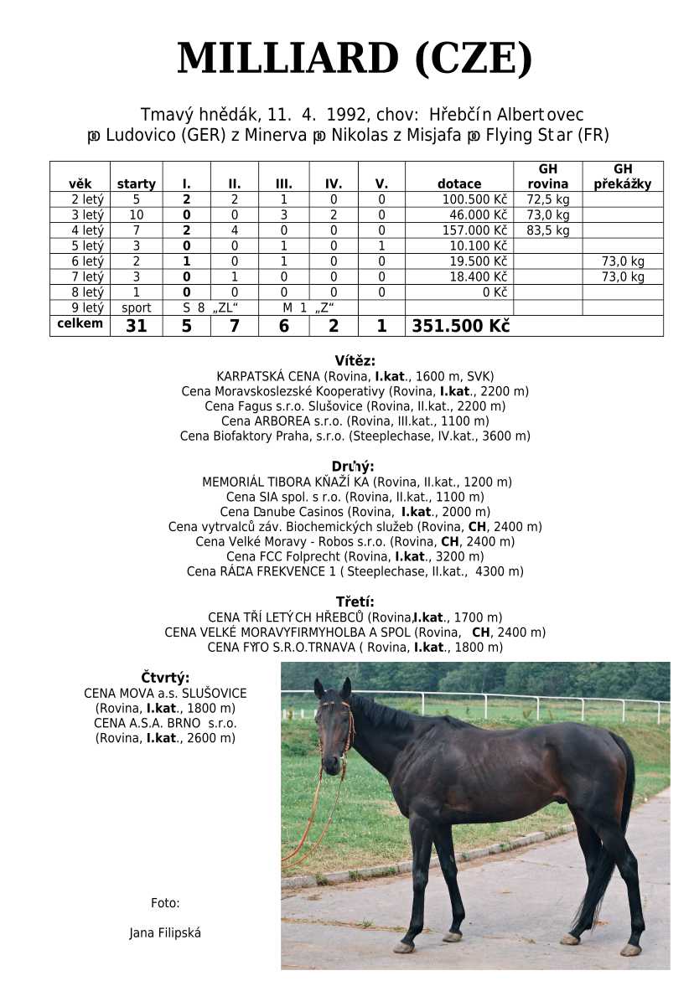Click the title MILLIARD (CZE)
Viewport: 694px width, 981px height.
tap(355, 59)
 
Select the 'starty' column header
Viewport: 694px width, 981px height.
tap(136, 184)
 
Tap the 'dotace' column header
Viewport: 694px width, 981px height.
tap(459, 184)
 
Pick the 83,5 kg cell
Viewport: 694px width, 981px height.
tap(548, 230)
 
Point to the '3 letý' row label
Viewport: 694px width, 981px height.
tap(87, 215)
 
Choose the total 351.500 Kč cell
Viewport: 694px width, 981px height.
tap(460, 327)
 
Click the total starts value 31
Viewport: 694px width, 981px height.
tap(136, 327)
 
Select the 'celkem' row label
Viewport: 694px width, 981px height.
tap(80, 323)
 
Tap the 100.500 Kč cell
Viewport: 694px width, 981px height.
tap(475, 200)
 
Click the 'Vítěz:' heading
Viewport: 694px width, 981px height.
tap(355, 361)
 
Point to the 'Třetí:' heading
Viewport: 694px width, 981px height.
tap(355, 602)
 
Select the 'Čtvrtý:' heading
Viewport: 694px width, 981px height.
tap(165, 678)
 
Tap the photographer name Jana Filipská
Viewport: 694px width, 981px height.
tap(165, 932)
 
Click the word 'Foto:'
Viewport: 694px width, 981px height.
tap(165, 903)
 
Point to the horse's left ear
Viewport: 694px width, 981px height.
tap(346, 688)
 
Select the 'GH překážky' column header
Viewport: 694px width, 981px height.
tap(622, 177)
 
